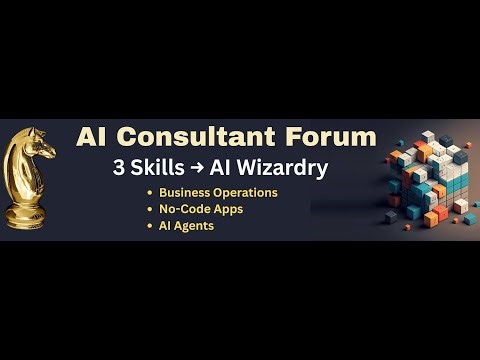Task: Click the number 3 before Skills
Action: [119, 168]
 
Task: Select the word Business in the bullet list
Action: [184, 192]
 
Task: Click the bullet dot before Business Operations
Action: [150, 193]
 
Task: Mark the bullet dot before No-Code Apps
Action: [150, 210]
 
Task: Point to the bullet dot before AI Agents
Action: [150, 227]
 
